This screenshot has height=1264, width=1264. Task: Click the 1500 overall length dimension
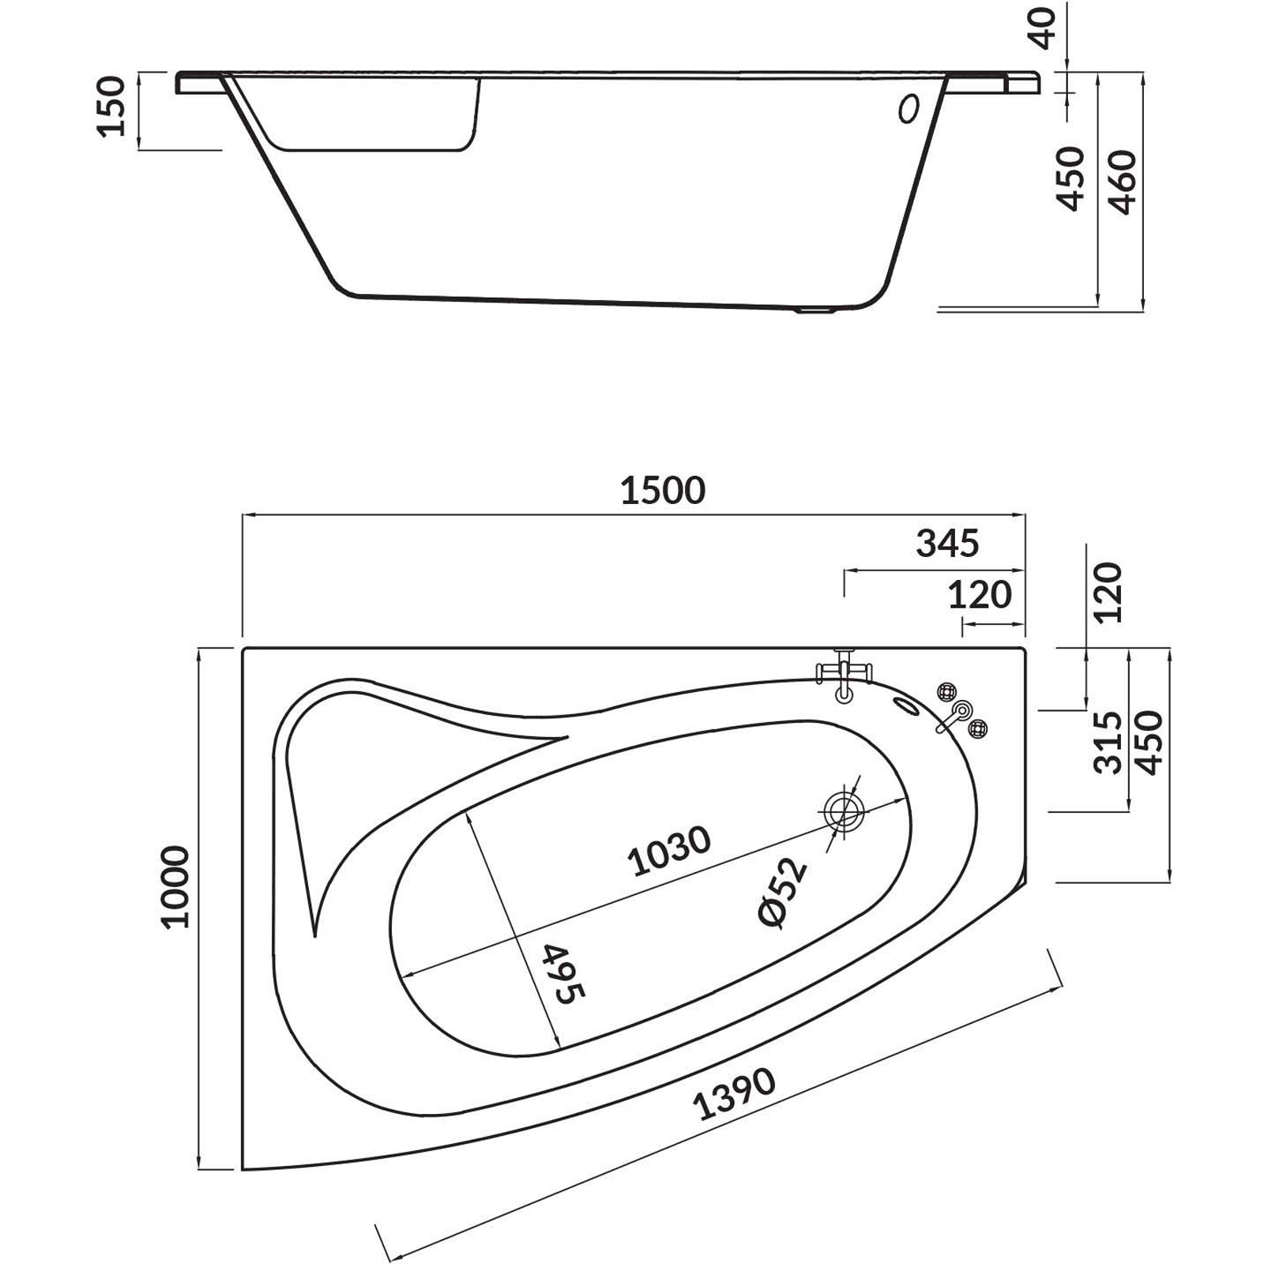click(x=662, y=491)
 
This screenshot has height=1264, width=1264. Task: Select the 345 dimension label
click(x=947, y=544)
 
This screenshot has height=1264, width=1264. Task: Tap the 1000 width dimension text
click(x=176, y=886)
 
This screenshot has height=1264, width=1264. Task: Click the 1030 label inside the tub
click(x=670, y=852)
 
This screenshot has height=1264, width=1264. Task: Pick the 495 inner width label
click(x=564, y=972)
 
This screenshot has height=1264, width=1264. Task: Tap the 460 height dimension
click(x=1123, y=182)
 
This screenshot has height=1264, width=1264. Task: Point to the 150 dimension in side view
click(x=111, y=107)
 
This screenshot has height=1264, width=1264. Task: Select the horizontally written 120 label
click(x=980, y=595)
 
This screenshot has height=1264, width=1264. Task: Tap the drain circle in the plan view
click(x=844, y=811)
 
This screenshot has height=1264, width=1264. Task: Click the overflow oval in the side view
click(x=909, y=109)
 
